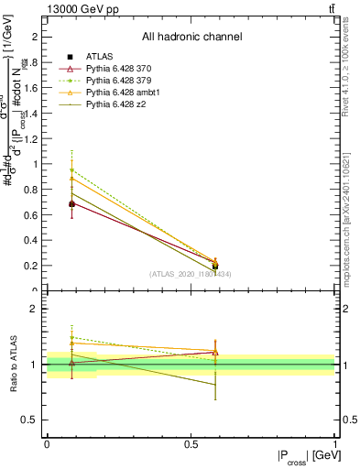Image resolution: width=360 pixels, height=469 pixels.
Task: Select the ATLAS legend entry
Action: pos(99,57)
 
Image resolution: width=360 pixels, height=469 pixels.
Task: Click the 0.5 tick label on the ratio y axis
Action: pos(33,420)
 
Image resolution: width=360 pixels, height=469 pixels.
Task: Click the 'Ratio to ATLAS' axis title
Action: pos(15,365)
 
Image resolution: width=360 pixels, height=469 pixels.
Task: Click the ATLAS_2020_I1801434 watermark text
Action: pos(191,274)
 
